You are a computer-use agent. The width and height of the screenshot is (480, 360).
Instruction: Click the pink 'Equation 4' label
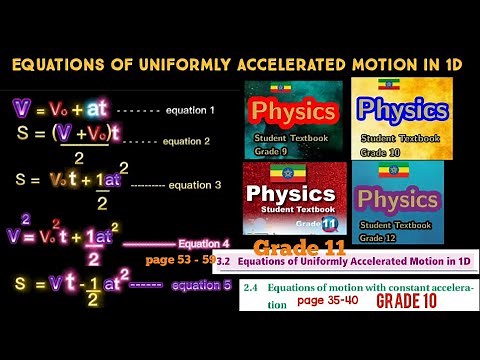point(204,243)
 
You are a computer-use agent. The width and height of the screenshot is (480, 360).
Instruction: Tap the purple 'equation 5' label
point(201,286)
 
